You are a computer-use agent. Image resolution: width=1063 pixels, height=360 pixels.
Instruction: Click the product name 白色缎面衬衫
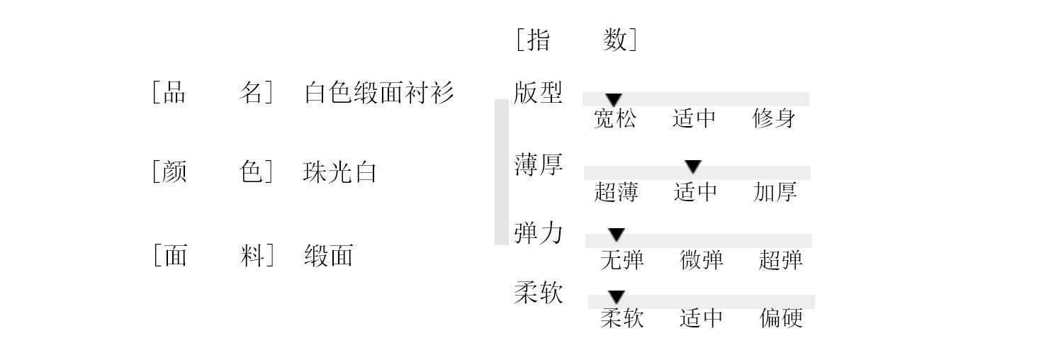coord(379,93)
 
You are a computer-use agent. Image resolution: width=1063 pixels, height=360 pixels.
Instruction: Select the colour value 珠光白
coord(339,172)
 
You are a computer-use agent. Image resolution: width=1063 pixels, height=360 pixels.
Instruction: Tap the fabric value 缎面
coord(328,255)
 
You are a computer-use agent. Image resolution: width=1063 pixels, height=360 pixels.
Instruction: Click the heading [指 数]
coord(576,40)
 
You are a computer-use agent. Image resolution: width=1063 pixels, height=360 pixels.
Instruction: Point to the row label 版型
coord(538,93)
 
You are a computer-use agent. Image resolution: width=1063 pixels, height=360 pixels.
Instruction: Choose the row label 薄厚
coord(538,164)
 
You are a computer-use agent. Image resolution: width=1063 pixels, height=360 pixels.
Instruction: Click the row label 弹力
coord(538,233)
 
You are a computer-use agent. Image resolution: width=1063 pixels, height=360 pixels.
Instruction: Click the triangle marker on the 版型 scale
coord(614,100)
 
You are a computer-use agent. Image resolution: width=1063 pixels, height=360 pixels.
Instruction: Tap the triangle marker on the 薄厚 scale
coord(693,167)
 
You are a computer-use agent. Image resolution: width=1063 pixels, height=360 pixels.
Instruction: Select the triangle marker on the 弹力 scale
coord(617,235)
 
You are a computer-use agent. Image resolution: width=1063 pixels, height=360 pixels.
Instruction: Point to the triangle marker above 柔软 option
coord(617,297)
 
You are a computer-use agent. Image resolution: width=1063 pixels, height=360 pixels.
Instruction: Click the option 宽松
coord(614,118)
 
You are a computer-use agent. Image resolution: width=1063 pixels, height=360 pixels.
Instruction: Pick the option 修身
coord(774,118)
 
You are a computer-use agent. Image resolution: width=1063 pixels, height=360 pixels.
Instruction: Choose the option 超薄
coord(616,192)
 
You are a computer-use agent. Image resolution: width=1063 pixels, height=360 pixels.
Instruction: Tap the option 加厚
coord(775,192)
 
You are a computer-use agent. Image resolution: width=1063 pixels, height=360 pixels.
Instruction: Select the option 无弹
coord(622,260)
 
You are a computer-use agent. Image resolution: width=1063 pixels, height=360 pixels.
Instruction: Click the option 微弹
coord(702,260)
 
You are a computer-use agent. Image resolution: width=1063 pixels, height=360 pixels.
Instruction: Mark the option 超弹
coord(780,260)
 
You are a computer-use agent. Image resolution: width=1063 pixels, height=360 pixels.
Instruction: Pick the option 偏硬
coord(781,318)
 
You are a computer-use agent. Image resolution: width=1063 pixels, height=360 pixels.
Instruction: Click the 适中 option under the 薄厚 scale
coord(695,192)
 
